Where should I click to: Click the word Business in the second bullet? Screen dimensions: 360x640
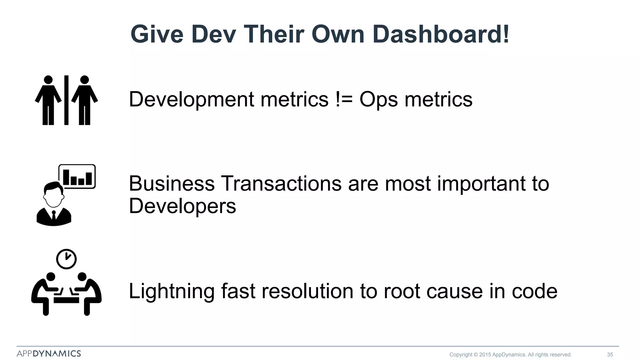click(x=172, y=183)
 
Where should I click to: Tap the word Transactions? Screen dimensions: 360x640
click(x=281, y=183)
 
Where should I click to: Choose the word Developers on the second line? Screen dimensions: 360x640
click(x=182, y=207)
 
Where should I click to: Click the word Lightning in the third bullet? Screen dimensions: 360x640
click(x=172, y=292)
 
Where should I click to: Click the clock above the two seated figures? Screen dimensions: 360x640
click(x=66, y=259)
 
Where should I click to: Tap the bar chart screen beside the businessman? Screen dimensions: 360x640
click(x=77, y=177)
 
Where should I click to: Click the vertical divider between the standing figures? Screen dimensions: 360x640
click(x=66, y=100)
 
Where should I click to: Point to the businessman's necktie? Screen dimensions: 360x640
click(x=54, y=216)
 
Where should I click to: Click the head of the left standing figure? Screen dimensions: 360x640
click(x=48, y=80)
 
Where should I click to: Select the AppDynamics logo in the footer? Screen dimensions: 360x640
click(x=49, y=353)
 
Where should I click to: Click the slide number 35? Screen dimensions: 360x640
click(x=610, y=354)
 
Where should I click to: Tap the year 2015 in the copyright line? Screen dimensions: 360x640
click(x=485, y=354)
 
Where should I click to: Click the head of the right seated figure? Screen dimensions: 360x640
click(x=82, y=277)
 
